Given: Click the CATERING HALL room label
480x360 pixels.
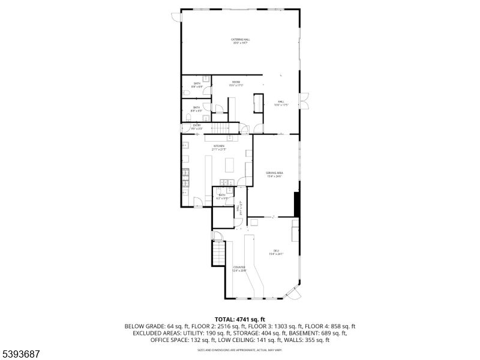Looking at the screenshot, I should [x=240, y=40].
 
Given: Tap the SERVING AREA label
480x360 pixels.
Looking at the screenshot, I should [x=274, y=173].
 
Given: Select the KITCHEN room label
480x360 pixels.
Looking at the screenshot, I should [x=218, y=146].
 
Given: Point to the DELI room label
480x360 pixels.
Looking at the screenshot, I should [x=276, y=251].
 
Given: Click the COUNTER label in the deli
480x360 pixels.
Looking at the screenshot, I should [x=239, y=268].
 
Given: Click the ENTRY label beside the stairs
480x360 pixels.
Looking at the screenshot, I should [x=196, y=125].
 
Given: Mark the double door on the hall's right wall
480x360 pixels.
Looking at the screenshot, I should [x=304, y=101].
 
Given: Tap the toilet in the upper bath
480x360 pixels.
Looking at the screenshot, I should [x=206, y=79].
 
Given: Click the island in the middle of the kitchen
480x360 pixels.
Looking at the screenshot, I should [x=229, y=164].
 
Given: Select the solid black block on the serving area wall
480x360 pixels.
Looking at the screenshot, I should [x=296, y=204].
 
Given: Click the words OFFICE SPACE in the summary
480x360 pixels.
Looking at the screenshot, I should [x=169, y=340].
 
